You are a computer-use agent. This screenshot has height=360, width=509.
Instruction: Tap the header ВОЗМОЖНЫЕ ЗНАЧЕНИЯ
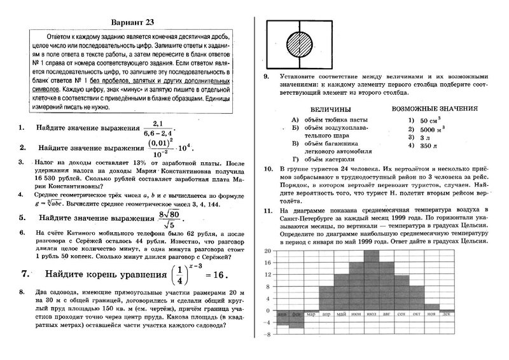tap(435, 109)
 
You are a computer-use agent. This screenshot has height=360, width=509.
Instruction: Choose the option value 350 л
tap(421, 146)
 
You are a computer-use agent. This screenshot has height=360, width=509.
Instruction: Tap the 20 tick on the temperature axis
tap(268, 250)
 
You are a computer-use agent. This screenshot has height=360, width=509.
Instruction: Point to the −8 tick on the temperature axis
tap(268, 334)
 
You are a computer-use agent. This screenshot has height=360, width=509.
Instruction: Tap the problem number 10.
tap(267, 169)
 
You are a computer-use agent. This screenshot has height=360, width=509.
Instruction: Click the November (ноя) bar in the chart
tap(433, 307)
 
